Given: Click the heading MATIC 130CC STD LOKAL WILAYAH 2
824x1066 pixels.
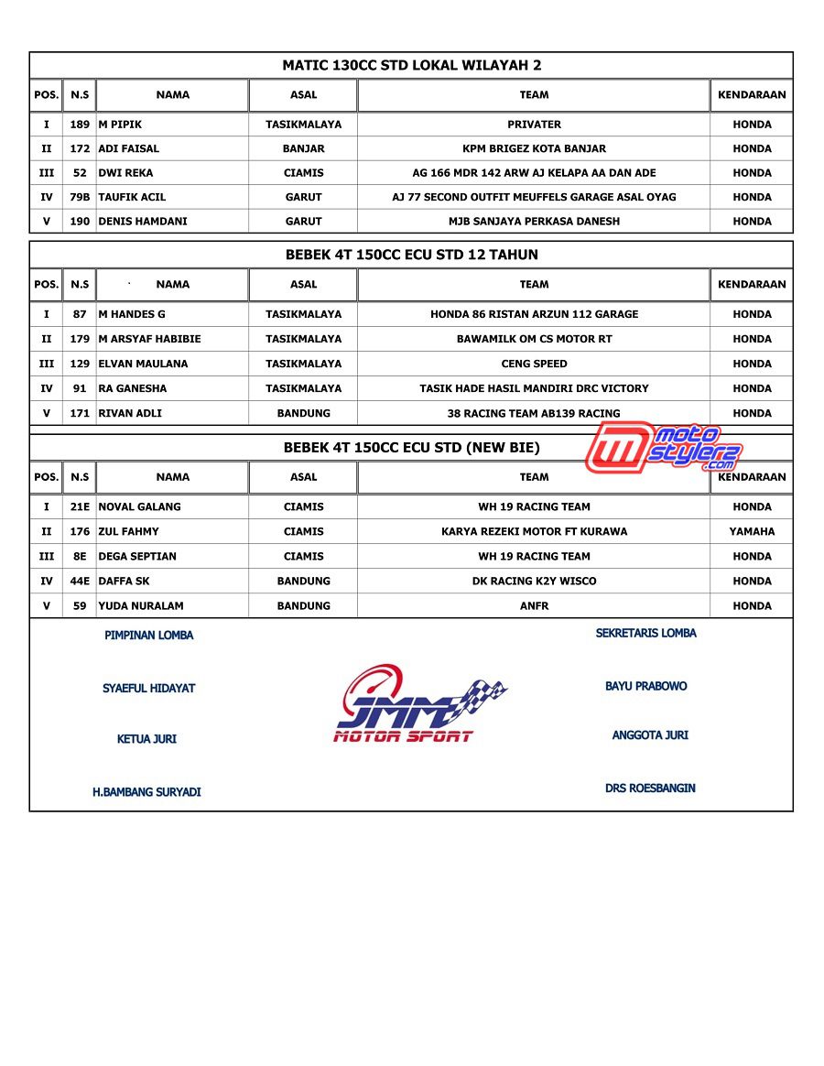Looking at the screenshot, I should click(x=411, y=65).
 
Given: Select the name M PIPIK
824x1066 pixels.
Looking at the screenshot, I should click(x=120, y=125).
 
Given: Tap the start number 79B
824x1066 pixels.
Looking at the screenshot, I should click(x=80, y=197).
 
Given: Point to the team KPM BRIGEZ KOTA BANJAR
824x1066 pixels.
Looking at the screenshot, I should click(x=534, y=148).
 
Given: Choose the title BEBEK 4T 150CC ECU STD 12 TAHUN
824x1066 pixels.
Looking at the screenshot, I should click(x=411, y=255).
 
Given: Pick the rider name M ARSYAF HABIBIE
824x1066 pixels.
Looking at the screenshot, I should click(x=149, y=339).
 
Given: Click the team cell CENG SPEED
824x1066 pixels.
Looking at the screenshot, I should click(x=534, y=364).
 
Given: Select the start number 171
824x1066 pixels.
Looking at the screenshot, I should click(x=80, y=413).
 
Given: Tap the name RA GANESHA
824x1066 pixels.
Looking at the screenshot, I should click(x=133, y=388).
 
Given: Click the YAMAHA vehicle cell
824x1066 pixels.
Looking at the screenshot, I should click(x=752, y=531).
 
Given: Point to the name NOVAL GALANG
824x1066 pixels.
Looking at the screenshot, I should click(x=139, y=506).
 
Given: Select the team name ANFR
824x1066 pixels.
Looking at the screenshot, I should click(x=534, y=605).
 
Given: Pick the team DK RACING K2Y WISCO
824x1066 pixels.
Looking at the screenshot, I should click(x=534, y=581).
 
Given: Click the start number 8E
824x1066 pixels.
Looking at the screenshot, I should click(x=80, y=556).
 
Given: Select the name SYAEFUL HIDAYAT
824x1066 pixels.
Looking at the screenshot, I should click(x=148, y=689).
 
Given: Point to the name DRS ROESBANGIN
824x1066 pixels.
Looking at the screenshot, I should click(x=650, y=788).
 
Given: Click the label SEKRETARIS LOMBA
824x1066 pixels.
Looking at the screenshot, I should click(x=645, y=633).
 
